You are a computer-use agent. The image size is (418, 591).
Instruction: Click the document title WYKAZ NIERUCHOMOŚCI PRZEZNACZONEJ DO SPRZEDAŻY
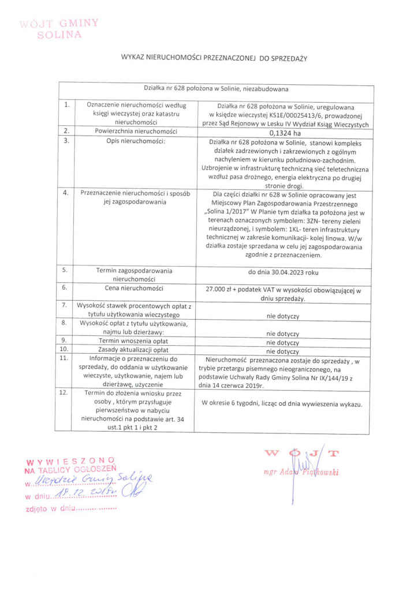tap(213, 58)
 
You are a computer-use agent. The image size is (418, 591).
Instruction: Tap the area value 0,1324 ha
tap(285, 132)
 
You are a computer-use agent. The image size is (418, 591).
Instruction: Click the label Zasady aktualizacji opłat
tap(133, 350)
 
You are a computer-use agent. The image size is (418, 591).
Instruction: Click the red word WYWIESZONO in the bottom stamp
tap(71, 461)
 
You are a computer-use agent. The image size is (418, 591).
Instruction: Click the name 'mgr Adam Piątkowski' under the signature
tap(300, 472)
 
